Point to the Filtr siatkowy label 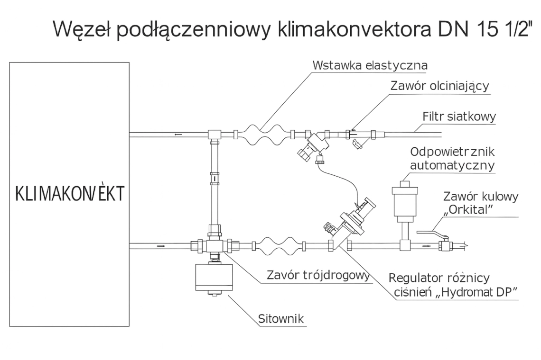[x=459, y=116]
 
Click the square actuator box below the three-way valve [x=215, y=277]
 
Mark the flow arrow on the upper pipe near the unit [x=178, y=134]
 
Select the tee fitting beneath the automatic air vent [x=405, y=246]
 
